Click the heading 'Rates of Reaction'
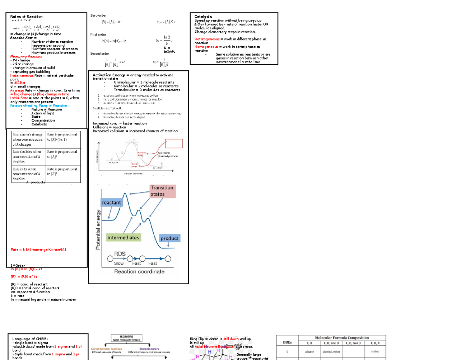pos(26,17)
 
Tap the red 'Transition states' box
pos(162,191)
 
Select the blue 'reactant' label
pos(111,203)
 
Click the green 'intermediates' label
pos(123,237)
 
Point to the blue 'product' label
pos(169,238)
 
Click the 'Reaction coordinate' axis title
pos(139,271)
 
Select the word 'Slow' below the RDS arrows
pos(119,263)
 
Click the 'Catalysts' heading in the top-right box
pos(203,17)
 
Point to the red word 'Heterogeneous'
pos(207,39)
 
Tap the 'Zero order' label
pos(98,15)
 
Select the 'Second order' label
pos(100,54)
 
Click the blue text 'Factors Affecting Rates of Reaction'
pos(38,106)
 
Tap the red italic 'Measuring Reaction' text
pos(26,57)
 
